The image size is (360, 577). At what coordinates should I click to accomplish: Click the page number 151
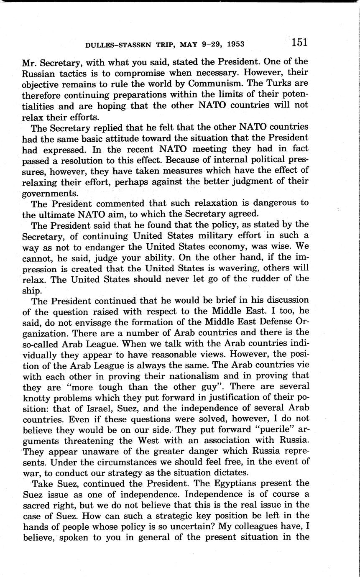click(x=299, y=42)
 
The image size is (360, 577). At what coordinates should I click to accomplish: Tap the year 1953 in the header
click(x=233, y=44)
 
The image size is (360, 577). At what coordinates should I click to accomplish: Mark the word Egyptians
click(x=222, y=483)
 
